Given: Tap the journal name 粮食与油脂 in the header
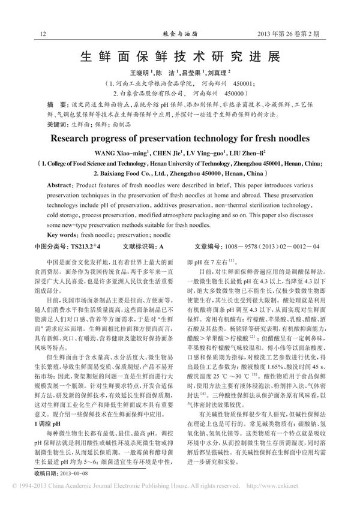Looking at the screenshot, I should (x=180, y=35).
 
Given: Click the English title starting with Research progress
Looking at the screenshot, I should (x=179, y=137).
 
